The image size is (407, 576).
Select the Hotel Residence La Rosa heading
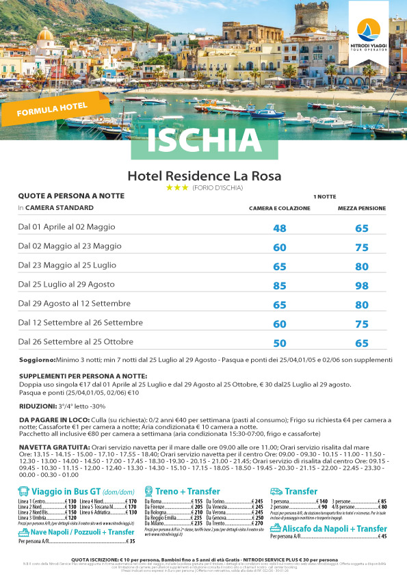click(x=204, y=175)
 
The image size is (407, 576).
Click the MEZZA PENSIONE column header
click(x=362, y=208)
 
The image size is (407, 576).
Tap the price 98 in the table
click(x=362, y=284)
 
